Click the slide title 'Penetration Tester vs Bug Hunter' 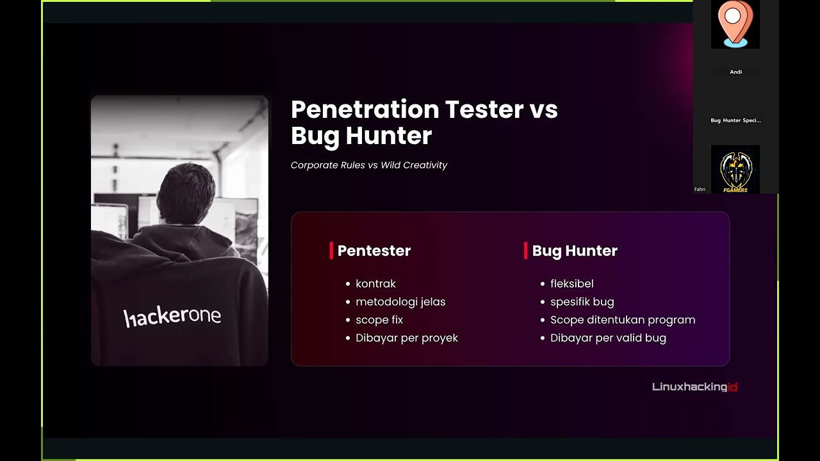pyautogui.click(x=424, y=122)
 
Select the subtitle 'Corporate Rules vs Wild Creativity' pyautogui.click(x=369, y=165)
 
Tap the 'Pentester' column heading pyautogui.click(x=374, y=251)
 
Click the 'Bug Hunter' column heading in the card pyautogui.click(x=575, y=251)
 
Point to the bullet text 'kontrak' pyautogui.click(x=375, y=284)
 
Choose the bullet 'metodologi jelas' pyautogui.click(x=400, y=302)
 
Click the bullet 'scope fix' pyautogui.click(x=379, y=319)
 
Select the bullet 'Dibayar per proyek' pyautogui.click(x=407, y=338)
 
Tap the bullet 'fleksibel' pyautogui.click(x=571, y=284)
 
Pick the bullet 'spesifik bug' pyautogui.click(x=582, y=302)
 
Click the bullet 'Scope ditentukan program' pyautogui.click(x=622, y=319)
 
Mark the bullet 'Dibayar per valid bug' pyautogui.click(x=608, y=338)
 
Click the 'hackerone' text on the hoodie pyautogui.click(x=172, y=316)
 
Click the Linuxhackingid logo pyautogui.click(x=694, y=387)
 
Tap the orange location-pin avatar pyautogui.click(x=735, y=23)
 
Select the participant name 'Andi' pyautogui.click(x=735, y=72)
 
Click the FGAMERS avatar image pyautogui.click(x=735, y=169)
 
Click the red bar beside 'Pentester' pyautogui.click(x=331, y=251)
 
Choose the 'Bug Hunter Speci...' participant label pyautogui.click(x=735, y=120)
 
